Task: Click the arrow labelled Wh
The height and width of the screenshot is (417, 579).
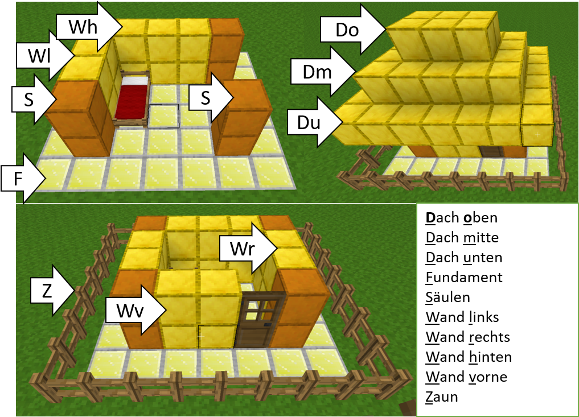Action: point(89,27)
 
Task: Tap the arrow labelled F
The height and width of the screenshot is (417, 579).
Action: point(23,179)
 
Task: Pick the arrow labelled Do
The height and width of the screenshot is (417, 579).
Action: point(353,30)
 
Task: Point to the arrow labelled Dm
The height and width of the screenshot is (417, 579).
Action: point(323,72)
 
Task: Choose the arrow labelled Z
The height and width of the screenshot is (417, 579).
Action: point(53,291)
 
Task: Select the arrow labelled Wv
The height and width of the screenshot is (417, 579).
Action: point(136,311)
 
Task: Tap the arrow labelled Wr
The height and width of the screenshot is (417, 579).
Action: point(249,248)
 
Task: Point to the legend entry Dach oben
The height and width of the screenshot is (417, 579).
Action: point(461,218)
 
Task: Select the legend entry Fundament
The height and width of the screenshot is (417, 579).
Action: point(464,278)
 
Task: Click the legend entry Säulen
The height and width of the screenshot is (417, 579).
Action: point(447,297)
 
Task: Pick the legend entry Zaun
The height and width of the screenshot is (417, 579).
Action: point(442,397)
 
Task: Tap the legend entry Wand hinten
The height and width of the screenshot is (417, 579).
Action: point(469,357)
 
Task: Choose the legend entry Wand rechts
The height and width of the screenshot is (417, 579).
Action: point(467,337)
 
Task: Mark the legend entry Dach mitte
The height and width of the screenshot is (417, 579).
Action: point(462,238)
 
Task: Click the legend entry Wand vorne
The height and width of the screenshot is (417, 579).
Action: point(466,377)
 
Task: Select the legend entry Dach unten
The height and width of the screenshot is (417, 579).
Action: point(464,258)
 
